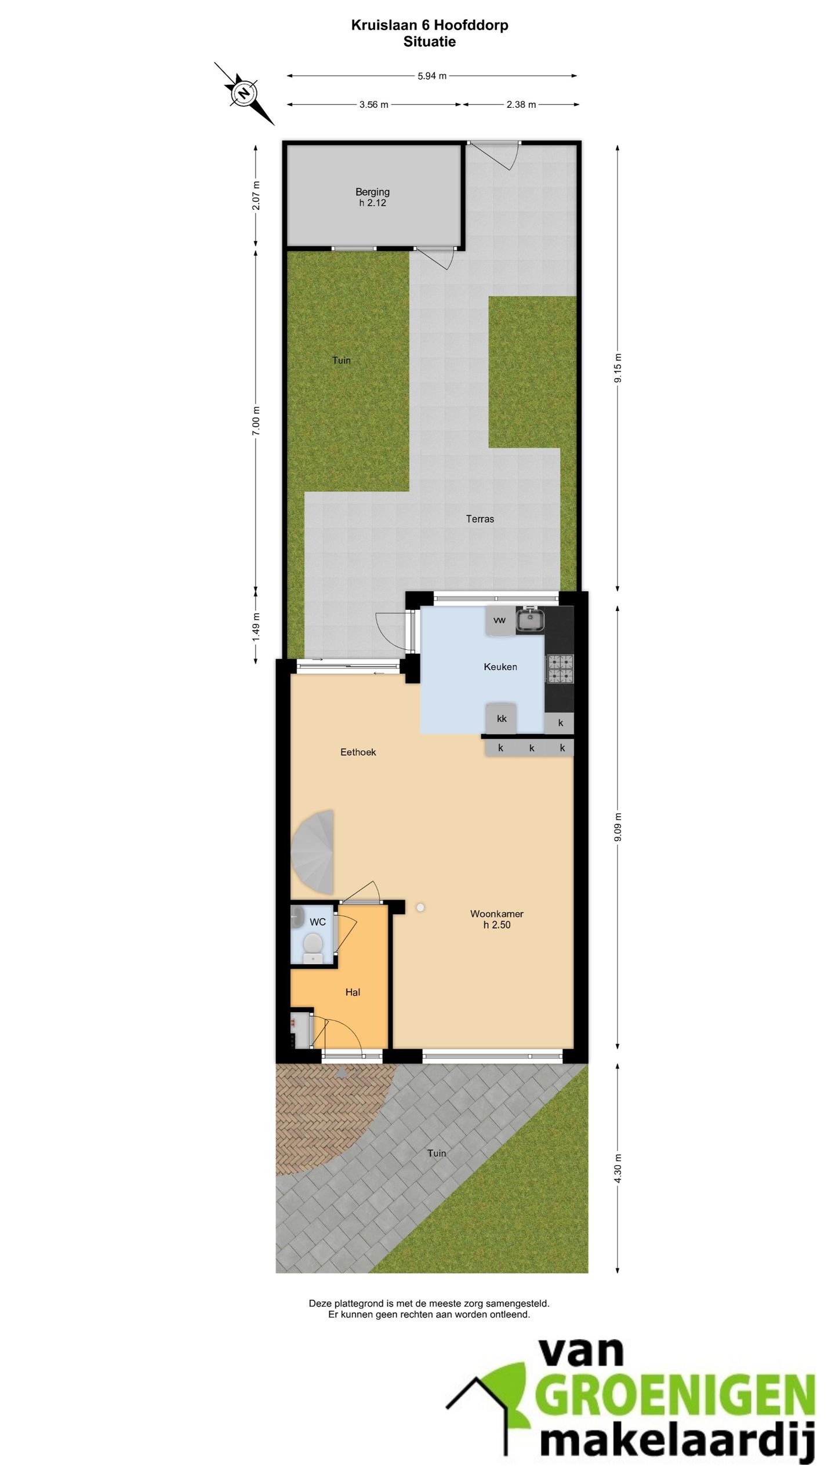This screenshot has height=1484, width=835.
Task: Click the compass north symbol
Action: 244,93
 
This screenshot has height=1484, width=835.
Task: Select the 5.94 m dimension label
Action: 432,76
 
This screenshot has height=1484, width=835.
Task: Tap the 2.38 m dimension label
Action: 521,104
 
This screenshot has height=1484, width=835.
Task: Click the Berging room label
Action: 372,192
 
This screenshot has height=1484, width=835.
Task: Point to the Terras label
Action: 480,519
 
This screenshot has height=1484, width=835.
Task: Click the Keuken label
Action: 500,667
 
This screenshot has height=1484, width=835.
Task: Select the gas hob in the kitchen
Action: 560,668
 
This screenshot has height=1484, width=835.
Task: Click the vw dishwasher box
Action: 500,620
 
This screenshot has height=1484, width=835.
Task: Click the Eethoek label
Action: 358,752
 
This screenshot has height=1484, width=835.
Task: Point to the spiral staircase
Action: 313,852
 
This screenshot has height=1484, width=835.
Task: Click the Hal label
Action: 353,992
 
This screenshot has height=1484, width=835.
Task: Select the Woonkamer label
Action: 497,914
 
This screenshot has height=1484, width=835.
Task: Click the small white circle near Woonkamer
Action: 420,908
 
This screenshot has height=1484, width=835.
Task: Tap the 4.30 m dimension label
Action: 618,1168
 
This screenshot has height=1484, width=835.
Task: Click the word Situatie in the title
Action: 430,42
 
